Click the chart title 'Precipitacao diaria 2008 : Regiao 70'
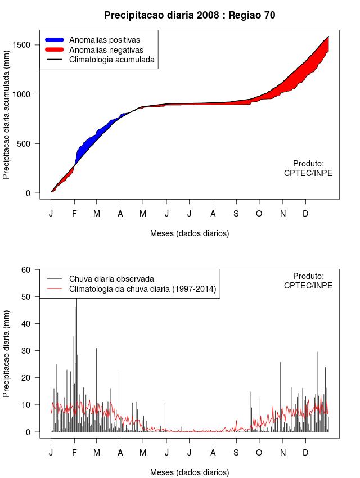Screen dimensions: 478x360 (190, 15)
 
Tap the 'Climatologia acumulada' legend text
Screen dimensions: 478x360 (111, 59)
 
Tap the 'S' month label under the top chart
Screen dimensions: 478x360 (236, 214)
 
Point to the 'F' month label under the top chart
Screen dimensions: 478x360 (74, 214)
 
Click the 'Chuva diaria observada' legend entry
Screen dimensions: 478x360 (111, 278)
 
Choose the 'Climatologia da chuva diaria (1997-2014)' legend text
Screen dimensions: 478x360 (143, 289)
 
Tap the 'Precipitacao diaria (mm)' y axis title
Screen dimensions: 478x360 (7, 353)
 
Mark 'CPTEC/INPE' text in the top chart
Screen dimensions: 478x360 (308, 173)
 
